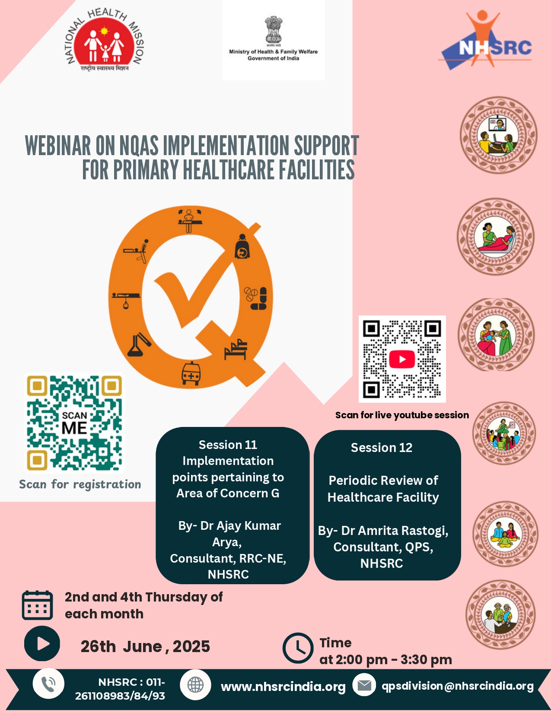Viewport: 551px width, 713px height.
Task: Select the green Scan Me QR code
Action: [x=74, y=423]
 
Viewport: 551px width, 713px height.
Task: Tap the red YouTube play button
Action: [x=402, y=359]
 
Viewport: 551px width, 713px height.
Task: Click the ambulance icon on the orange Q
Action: [x=191, y=373]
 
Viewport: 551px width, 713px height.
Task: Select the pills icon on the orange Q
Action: [x=255, y=298]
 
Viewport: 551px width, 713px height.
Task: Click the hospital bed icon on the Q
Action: [x=236, y=350]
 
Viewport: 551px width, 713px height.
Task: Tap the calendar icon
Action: [x=38, y=605]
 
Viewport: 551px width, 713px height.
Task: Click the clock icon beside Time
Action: [x=298, y=648]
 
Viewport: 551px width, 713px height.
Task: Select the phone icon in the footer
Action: [x=48, y=684]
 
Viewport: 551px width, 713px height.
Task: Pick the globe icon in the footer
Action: [x=196, y=685]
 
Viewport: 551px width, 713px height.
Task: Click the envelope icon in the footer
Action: [x=364, y=685]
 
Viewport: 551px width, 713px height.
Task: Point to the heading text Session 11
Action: [x=228, y=445]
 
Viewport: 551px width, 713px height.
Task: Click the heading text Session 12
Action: [x=382, y=448]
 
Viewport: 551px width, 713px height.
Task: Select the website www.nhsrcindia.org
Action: [x=283, y=687]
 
